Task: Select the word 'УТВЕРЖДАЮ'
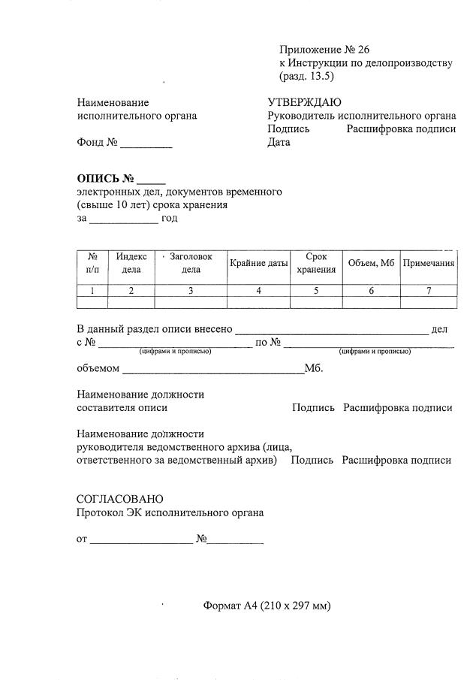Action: click(x=304, y=102)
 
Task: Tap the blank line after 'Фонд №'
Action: click(x=146, y=144)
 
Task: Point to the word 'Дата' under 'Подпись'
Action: click(x=279, y=142)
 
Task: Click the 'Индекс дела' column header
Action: click(x=131, y=263)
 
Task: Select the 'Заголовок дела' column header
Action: click(x=191, y=263)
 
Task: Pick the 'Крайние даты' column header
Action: click(x=258, y=264)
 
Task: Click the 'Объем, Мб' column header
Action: click(x=371, y=264)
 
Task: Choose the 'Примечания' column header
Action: click(x=429, y=264)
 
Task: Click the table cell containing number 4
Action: click(x=258, y=291)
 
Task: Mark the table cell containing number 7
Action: click(x=429, y=291)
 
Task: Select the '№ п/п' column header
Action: click(x=92, y=263)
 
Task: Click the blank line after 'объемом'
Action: click(x=212, y=370)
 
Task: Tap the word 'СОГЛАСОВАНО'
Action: click(x=119, y=499)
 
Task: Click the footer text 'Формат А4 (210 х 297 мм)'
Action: click(x=267, y=606)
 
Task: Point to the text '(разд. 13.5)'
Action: click(x=306, y=77)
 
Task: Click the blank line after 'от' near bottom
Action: click(x=141, y=540)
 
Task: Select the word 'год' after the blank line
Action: click(x=170, y=219)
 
